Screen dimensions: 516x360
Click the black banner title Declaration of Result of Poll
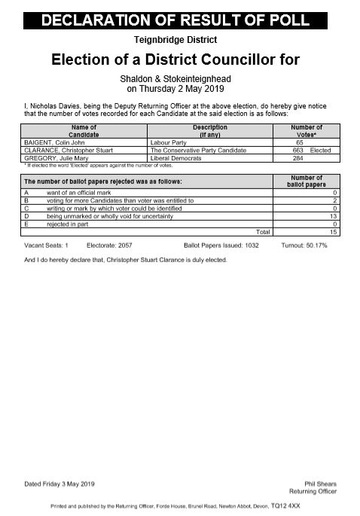[x=179, y=22]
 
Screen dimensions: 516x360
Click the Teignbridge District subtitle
[x=179, y=39]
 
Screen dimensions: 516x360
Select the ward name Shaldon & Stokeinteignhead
[x=179, y=78]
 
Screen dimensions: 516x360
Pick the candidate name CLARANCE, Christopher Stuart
[x=69, y=151]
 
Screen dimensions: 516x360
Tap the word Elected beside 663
[x=320, y=151]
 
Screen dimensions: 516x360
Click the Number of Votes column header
[x=306, y=131]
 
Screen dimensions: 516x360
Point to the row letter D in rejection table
[x=26, y=216]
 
